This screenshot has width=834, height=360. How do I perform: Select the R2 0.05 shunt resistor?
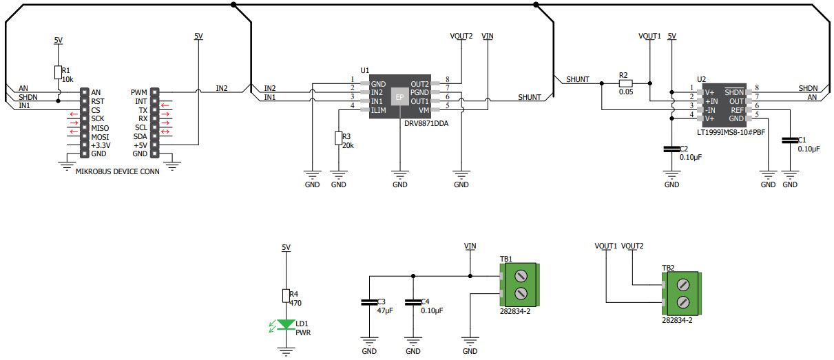625,83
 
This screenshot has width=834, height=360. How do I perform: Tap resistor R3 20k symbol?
338,138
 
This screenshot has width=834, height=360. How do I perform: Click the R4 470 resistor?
286,295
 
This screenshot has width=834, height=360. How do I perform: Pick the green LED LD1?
286,324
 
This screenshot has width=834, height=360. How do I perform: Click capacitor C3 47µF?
369,302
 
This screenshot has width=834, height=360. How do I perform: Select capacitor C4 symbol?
413,302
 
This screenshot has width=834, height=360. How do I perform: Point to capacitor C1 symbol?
789,140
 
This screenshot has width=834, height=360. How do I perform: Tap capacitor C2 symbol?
671,149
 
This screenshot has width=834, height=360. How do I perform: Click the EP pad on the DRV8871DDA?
399,97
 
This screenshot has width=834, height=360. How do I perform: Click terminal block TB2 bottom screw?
685,302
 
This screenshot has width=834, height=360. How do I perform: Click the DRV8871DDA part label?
425,123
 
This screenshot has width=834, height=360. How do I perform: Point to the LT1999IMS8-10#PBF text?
730,131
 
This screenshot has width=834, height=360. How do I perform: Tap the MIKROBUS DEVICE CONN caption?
117,172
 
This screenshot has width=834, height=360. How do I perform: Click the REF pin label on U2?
737,110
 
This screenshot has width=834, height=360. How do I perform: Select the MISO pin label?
100,127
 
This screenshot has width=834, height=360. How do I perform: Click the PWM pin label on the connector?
138,92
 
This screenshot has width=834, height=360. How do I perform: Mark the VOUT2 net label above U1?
461,36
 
